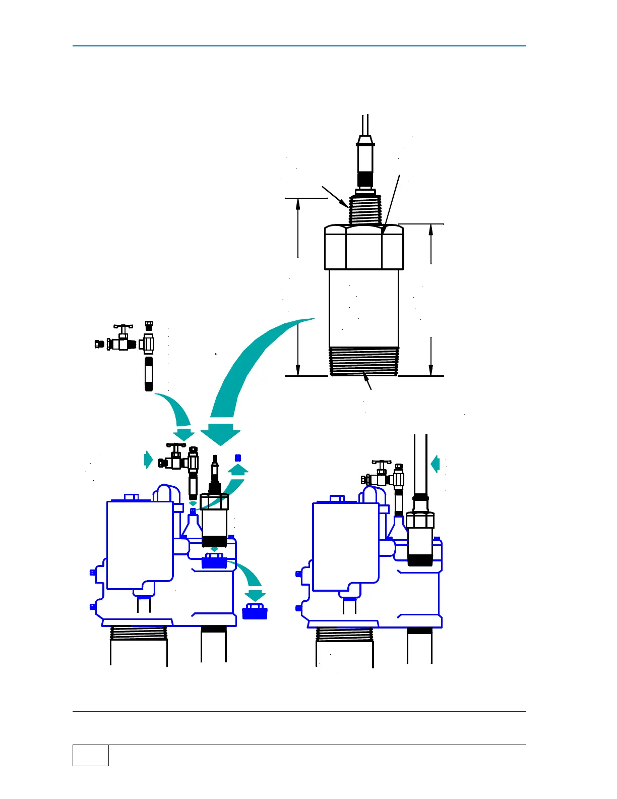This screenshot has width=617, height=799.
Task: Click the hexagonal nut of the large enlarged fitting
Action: (x=363, y=247)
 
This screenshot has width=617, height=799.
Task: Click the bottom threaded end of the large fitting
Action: (x=363, y=361)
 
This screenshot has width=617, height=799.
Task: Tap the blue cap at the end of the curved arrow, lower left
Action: (x=255, y=611)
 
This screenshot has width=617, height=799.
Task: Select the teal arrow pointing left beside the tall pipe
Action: (x=436, y=464)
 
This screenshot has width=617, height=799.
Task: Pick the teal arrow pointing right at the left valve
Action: (x=148, y=460)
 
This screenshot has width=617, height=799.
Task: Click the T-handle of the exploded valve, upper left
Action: (x=123, y=327)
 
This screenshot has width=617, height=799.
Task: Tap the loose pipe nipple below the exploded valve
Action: (x=149, y=374)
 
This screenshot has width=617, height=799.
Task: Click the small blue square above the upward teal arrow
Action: (x=238, y=458)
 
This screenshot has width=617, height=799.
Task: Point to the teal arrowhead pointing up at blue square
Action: (x=238, y=470)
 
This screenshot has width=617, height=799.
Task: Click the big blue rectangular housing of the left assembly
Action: (x=140, y=545)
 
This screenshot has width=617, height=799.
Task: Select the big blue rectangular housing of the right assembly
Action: (x=345, y=546)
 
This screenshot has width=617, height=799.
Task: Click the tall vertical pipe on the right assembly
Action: (x=420, y=464)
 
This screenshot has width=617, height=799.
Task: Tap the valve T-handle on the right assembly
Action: (x=382, y=462)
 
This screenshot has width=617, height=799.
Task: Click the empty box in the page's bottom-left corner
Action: (x=91, y=755)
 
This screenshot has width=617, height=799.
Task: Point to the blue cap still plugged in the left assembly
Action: (x=214, y=560)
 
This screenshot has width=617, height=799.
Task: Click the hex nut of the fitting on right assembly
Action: (x=420, y=520)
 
